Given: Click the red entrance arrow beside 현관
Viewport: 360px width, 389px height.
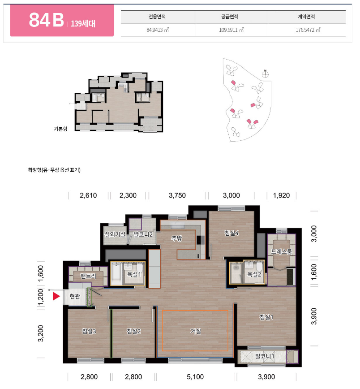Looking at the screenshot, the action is [x=56, y=296].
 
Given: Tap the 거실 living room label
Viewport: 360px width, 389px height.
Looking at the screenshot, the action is [x=196, y=331].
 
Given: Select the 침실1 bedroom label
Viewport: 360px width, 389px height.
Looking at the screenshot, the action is [x=266, y=317].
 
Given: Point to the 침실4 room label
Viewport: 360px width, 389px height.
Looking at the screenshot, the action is [x=231, y=233].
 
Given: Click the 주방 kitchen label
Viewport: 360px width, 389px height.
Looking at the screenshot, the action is [x=177, y=238].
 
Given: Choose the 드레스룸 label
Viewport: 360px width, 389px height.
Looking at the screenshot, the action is [x=281, y=251].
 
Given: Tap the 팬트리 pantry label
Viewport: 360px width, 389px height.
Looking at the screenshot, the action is [x=88, y=276].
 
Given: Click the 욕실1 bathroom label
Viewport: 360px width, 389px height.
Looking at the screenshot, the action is [x=134, y=274].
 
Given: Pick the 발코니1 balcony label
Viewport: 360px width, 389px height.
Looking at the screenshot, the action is [x=265, y=356].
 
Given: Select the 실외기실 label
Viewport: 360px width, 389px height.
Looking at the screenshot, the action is [x=115, y=234].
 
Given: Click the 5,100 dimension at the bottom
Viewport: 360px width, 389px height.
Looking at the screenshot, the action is [x=195, y=376].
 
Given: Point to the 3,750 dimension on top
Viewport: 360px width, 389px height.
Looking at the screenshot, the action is [x=177, y=195].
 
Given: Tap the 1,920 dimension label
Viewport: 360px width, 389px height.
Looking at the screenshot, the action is [x=281, y=195].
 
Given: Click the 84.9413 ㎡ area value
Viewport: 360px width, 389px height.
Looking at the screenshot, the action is [x=158, y=30].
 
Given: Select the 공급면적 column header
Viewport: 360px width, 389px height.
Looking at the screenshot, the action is [x=230, y=17].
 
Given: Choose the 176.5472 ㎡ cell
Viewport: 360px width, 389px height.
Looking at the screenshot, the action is [x=308, y=30].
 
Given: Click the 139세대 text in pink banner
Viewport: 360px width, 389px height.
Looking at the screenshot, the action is [x=83, y=24].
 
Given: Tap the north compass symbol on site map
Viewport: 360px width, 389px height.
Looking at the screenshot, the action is [x=265, y=73].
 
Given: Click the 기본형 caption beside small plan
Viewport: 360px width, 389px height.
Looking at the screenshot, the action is [x=60, y=129].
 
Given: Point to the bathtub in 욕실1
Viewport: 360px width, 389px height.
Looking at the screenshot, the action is [x=116, y=274].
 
